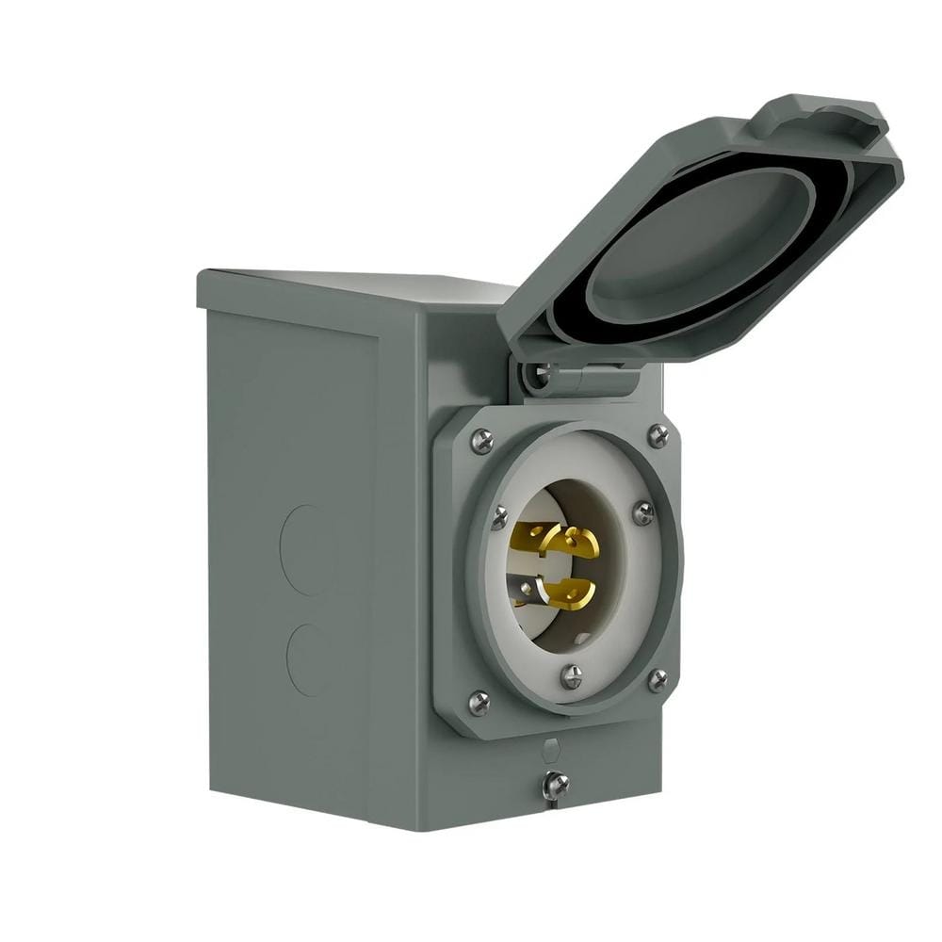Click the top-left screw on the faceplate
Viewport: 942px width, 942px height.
481,440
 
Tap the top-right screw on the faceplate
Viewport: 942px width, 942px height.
658,435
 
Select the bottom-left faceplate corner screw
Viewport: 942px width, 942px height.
479,702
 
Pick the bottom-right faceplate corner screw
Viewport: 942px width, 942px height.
657,679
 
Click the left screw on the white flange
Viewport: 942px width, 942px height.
498,517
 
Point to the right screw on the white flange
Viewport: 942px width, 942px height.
643,513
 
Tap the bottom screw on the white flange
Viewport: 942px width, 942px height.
571,675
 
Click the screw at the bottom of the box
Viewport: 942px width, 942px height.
555,785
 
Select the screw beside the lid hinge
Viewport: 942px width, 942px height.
540,374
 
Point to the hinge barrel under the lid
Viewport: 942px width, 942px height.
593,379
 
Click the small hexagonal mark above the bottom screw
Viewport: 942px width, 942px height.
552,750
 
